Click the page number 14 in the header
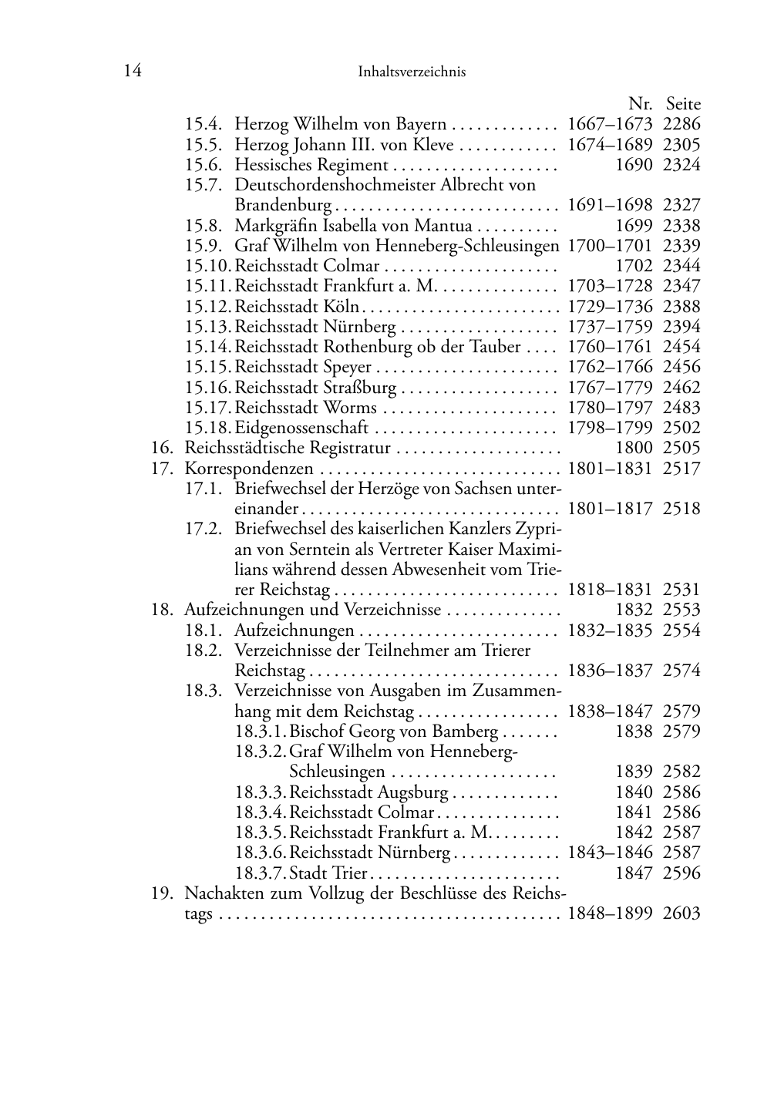(x=132, y=72)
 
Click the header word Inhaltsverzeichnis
(x=412, y=72)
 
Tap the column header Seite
(x=683, y=104)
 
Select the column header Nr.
(x=641, y=104)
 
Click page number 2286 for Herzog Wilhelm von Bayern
(x=681, y=124)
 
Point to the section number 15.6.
(x=204, y=165)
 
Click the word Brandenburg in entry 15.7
(x=283, y=205)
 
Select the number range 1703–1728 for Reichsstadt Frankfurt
(x=610, y=286)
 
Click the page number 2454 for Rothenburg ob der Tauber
(x=681, y=347)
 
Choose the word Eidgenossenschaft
(x=301, y=428)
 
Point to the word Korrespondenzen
(x=249, y=469)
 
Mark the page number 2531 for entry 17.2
(x=681, y=590)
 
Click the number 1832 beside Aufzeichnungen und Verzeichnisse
(x=634, y=610)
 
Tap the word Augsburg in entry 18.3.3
(x=413, y=792)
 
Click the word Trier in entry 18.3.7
(x=350, y=873)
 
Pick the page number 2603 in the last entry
(x=681, y=914)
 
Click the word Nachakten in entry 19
(x=224, y=894)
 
